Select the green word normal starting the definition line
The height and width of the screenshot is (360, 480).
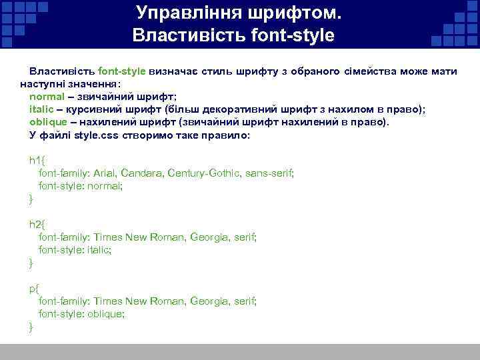click(48, 97)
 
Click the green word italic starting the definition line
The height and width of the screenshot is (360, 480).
click(43, 109)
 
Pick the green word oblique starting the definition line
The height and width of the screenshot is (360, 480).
click(48, 122)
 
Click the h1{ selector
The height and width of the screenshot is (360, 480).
click(35, 160)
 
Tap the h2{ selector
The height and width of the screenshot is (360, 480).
click(35, 224)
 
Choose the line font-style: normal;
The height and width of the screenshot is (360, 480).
click(81, 186)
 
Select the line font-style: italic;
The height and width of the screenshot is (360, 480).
click(75, 250)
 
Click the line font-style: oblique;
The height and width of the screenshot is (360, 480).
click(81, 313)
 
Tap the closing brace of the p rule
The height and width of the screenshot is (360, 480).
click(31, 326)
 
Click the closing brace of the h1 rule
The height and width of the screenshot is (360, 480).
click(31, 199)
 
